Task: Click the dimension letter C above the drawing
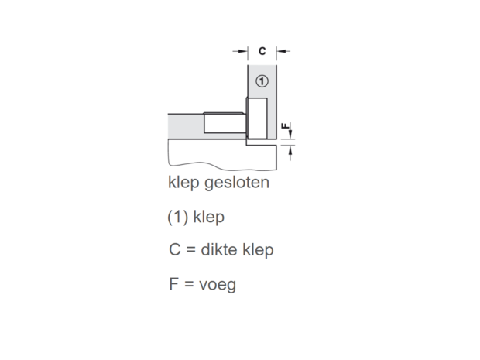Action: point(262,51)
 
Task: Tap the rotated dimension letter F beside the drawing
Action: point(286,126)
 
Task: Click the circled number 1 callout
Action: point(262,81)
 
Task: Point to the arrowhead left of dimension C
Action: point(243,51)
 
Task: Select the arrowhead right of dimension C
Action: point(281,51)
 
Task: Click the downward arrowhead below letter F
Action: point(290,134)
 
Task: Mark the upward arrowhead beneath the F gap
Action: point(290,149)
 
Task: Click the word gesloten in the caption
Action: point(237,183)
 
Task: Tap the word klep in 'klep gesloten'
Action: point(183,183)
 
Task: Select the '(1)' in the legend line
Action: point(178,218)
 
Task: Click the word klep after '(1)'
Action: point(209,218)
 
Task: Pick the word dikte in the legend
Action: point(219,249)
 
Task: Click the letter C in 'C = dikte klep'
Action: point(175,249)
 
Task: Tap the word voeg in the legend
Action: point(218,286)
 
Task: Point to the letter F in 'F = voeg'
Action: point(173,284)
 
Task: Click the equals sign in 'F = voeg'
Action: point(189,284)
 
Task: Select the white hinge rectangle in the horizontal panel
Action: point(225,123)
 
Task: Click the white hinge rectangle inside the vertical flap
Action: point(257,118)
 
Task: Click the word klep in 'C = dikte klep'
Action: point(258,250)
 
